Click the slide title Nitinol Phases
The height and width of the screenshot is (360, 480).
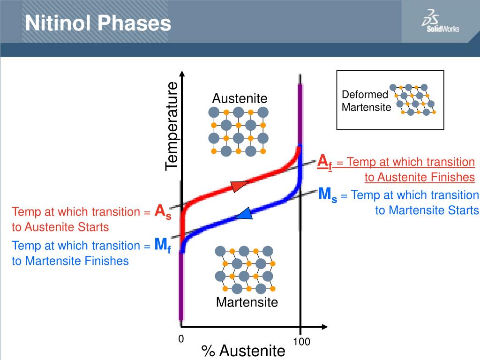click(98, 23)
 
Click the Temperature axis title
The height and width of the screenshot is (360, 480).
click(172, 126)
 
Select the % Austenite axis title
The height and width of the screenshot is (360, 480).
click(243, 351)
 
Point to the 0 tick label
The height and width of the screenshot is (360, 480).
click(181, 339)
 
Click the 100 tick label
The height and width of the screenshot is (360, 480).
click(301, 342)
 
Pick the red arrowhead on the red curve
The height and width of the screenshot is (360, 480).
click(239, 186)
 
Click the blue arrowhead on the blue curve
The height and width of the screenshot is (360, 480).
click(244, 214)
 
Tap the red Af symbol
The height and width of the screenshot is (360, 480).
click(324, 162)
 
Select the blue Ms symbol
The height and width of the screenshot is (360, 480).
click(328, 194)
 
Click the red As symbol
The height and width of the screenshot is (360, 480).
click(163, 211)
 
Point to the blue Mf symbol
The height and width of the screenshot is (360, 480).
click(163, 245)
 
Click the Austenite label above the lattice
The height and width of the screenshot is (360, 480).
click(240, 98)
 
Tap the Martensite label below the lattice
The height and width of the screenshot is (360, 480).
click(247, 302)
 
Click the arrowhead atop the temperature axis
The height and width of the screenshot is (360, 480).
click(182, 75)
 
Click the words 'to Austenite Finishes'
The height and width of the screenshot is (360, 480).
click(420, 177)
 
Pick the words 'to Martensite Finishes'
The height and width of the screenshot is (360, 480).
click(70, 261)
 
